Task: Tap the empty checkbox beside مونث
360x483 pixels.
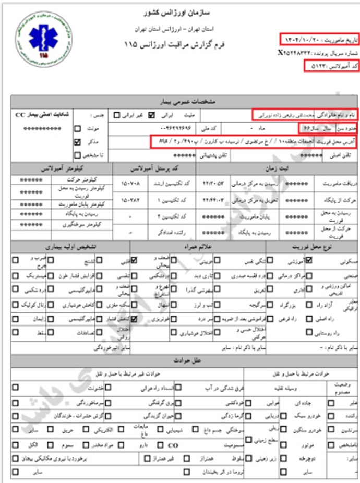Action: (x=77, y=128)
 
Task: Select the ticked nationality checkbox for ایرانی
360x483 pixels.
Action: (x=151, y=115)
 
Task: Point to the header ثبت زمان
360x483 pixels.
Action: (x=274, y=169)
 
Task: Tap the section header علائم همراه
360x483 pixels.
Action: (x=197, y=247)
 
